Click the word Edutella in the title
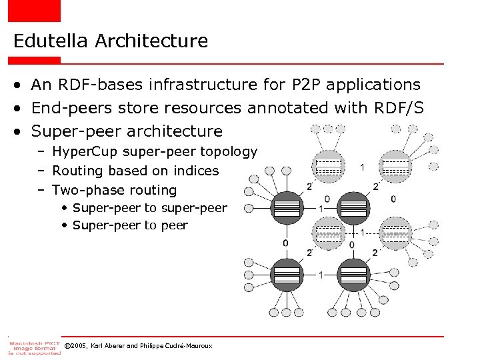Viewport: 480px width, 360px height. (51, 41)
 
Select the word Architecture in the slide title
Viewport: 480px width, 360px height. (151, 41)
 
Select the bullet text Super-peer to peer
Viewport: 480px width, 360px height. (130, 225)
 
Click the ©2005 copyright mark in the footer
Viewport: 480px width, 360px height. (75, 346)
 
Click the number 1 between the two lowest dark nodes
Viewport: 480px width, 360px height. (321, 275)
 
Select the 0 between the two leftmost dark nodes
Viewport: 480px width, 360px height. (285, 243)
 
